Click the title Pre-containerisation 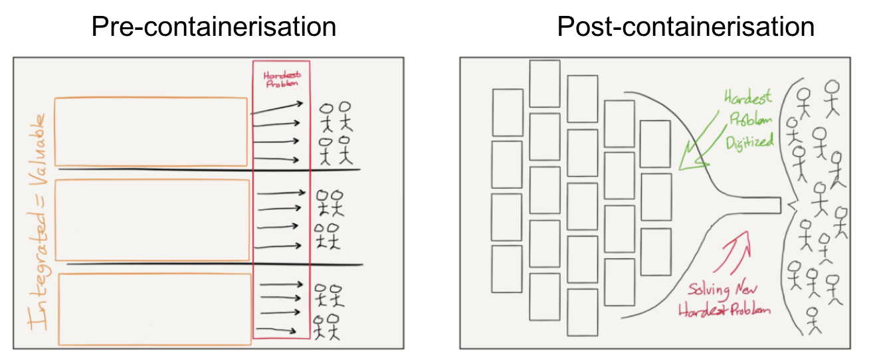pyautogui.click(x=213, y=27)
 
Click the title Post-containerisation pyautogui.click(x=686, y=27)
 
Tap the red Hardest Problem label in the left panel pyautogui.click(x=282, y=79)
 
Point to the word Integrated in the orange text pyautogui.click(x=37, y=271)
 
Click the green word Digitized pyautogui.click(x=749, y=142)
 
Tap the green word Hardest pyautogui.click(x=747, y=97)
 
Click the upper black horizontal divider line pyautogui.click(x=209, y=170)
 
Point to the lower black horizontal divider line pyautogui.click(x=215, y=264)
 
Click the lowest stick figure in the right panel pyautogui.click(x=813, y=320)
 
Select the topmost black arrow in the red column pyautogui.click(x=277, y=108)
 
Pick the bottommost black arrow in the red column pyautogui.click(x=276, y=330)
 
